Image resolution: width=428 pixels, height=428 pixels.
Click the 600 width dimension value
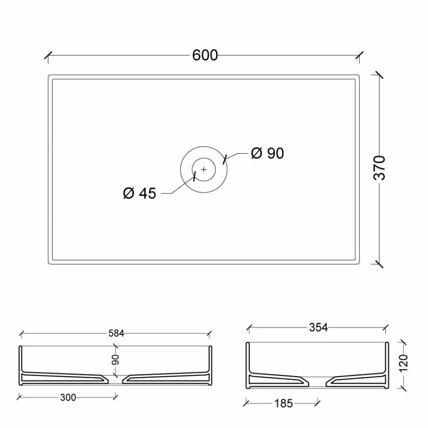205,55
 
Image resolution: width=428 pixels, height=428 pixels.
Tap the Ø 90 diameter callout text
268,153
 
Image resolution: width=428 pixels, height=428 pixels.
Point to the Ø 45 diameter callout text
139,193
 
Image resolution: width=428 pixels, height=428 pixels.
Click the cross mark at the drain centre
204,169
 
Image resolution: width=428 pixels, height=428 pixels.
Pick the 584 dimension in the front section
115,334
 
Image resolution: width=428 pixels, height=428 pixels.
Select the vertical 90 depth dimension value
115,360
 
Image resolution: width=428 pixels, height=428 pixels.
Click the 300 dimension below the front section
68,397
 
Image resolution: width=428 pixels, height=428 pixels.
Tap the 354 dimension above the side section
319,327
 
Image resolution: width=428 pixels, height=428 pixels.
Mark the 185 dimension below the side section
283,403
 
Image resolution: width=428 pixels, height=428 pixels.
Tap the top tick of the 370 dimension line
379,75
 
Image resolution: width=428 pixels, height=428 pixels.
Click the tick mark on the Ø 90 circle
224,159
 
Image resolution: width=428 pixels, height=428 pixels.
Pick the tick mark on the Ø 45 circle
195,176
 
